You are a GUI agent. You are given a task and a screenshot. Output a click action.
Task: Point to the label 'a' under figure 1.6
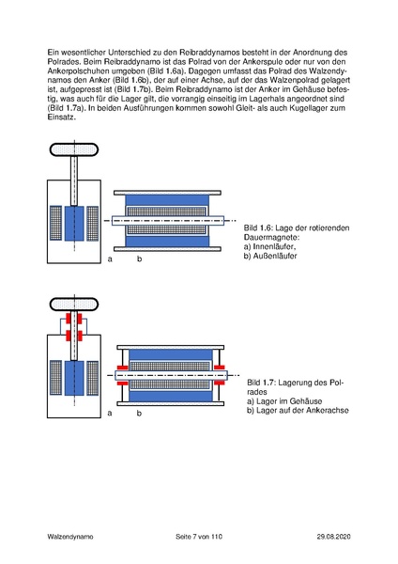(110, 258)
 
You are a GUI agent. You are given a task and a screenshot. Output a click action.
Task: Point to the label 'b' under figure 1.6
(139, 258)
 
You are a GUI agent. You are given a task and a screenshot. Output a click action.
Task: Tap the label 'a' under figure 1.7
(110, 413)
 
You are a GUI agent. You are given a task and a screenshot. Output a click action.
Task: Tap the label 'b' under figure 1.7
(139, 413)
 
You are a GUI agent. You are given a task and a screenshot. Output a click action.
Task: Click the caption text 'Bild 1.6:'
(260, 228)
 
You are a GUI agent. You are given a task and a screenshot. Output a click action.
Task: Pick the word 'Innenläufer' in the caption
(277, 246)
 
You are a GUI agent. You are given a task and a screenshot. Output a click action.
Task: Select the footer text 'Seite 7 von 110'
(199, 536)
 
